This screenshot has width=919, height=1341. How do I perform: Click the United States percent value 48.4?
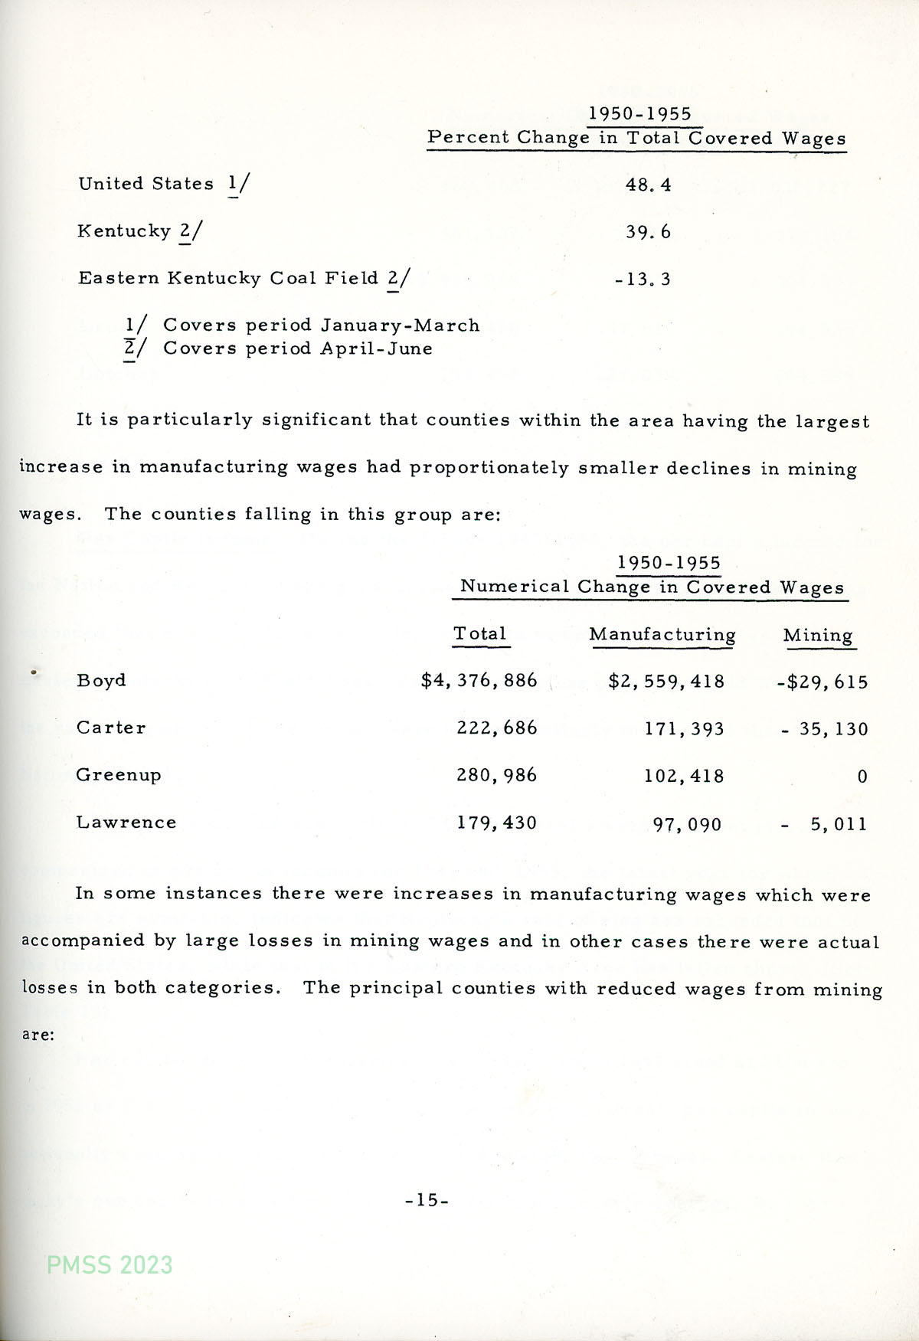pyautogui.click(x=648, y=185)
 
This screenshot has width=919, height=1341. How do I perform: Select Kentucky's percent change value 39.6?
pyautogui.click(x=648, y=232)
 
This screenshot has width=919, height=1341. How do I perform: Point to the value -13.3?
pyautogui.click(x=643, y=280)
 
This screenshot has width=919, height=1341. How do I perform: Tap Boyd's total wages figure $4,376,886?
pyautogui.click(x=479, y=681)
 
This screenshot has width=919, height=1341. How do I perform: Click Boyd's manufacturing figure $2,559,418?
pyautogui.click(x=666, y=682)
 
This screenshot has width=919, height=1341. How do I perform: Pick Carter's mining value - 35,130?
pyautogui.click(x=825, y=729)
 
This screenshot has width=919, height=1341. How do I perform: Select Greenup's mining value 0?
pyautogui.click(x=862, y=777)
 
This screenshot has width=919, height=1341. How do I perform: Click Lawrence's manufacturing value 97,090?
pyautogui.click(x=687, y=825)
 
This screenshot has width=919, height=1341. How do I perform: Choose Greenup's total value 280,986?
pyautogui.click(x=497, y=776)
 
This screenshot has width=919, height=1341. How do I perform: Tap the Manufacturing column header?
pyautogui.click(x=662, y=635)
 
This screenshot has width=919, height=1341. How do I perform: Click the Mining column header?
pyautogui.click(x=818, y=636)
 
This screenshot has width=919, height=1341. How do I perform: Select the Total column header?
pyautogui.click(x=480, y=634)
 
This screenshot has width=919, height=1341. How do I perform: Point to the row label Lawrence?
pyautogui.click(x=126, y=823)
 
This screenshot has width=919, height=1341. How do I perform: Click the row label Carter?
pyautogui.click(x=111, y=728)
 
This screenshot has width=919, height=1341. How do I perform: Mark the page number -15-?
pyautogui.click(x=427, y=1200)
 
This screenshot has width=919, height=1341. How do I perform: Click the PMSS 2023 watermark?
pyautogui.click(x=110, y=1264)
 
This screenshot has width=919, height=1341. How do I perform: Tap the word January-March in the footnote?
pyautogui.click(x=400, y=325)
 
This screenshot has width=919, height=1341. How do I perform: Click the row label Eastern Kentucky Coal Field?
pyautogui.click(x=228, y=278)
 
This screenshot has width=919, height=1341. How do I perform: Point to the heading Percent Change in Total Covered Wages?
pyautogui.click(x=636, y=138)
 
